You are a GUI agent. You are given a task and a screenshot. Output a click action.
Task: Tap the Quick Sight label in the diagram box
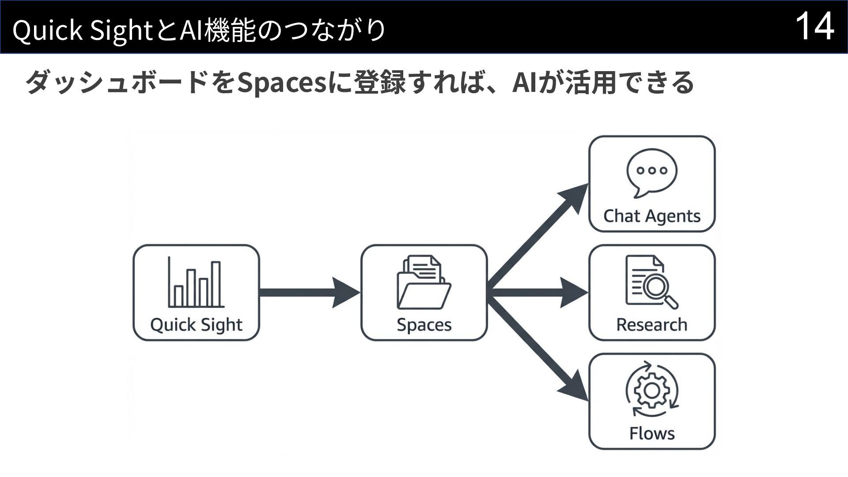tap(196, 325)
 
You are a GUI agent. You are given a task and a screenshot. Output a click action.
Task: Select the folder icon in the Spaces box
tap(424, 283)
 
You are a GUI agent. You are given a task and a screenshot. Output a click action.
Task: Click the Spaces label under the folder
tap(424, 325)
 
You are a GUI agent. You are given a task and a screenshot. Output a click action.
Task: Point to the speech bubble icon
tap(652, 172)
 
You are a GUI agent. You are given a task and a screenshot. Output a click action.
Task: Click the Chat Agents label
tap(652, 216)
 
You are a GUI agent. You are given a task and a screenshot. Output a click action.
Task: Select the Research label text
tap(652, 325)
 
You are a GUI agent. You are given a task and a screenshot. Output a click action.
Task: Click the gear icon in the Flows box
tap(652, 390)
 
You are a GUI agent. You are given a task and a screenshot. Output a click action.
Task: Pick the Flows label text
tap(652, 433)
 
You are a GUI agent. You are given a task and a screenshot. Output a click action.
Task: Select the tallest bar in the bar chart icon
tap(216, 284)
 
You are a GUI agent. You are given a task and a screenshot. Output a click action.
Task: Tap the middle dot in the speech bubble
tap(652, 170)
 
